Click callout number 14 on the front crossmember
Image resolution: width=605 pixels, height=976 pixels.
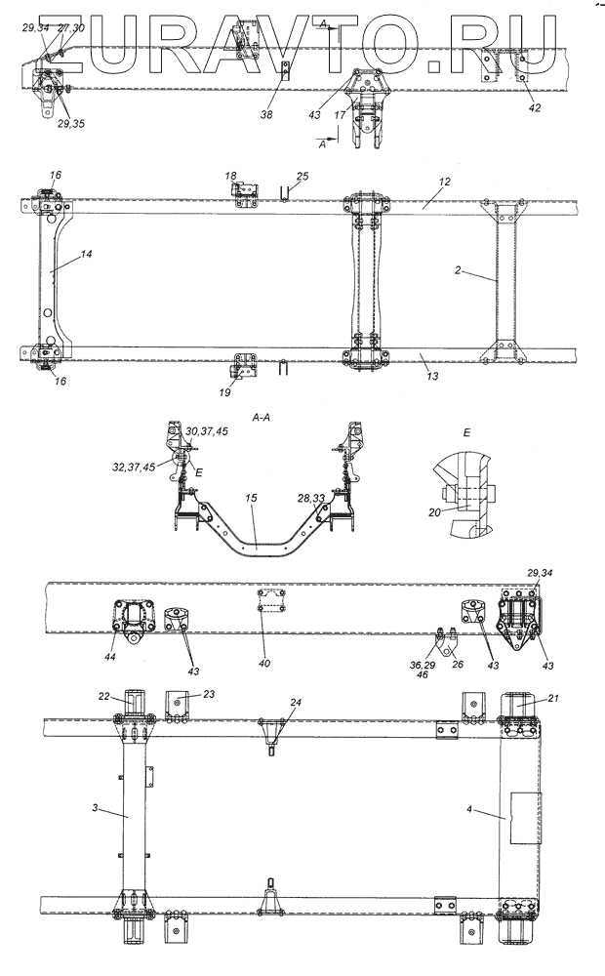point(87,255)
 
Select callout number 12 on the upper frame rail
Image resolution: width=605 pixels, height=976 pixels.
point(444,182)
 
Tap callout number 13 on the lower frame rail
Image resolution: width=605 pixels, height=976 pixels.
point(432,376)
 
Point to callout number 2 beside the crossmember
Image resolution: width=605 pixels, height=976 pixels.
point(458,270)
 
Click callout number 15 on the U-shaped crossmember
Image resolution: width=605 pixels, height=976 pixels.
point(251,499)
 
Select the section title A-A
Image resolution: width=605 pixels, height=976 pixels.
point(261,419)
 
